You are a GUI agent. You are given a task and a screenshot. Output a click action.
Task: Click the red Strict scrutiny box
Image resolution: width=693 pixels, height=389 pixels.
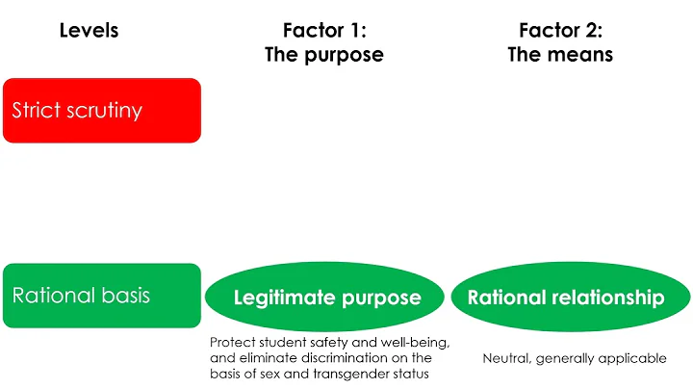(x=101, y=110)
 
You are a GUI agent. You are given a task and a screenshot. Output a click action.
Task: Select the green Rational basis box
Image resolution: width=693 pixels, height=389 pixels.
(x=101, y=295)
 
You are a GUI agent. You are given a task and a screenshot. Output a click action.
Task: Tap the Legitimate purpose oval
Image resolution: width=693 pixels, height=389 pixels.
(x=327, y=297)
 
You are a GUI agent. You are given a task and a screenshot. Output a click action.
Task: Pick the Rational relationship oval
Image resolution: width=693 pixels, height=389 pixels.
(x=566, y=297)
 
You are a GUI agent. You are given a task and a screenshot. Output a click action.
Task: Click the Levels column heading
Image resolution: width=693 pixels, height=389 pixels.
(x=89, y=31)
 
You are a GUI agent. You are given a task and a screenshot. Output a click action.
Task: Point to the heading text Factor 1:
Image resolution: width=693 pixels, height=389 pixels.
(x=323, y=31)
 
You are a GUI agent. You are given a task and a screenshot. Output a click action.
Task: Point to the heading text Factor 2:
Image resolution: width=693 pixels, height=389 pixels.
(x=560, y=31)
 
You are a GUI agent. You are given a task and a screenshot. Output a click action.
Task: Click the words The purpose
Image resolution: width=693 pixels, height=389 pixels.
(x=323, y=55)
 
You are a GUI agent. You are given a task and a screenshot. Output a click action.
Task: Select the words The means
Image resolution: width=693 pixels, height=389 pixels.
(x=560, y=55)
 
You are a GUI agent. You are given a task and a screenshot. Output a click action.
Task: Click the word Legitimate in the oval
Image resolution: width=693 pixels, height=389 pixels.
(x=281, y=298)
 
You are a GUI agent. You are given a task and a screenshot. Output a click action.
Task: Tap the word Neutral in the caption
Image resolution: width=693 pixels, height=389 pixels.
(x=506, y=358)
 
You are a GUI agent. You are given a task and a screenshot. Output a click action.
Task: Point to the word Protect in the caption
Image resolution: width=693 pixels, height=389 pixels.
(x=230, y=343)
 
